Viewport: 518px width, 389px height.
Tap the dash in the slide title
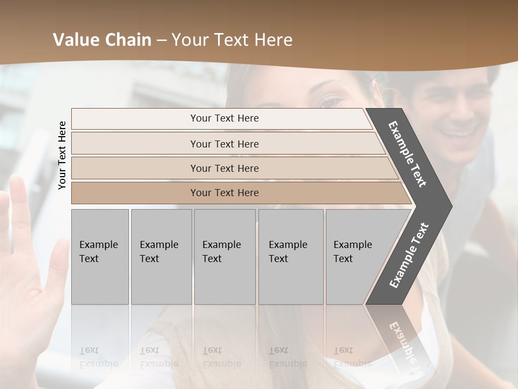pos(161,41)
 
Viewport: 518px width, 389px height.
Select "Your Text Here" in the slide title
pos(232,40)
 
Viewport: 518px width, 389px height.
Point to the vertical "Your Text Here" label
pos(62,155)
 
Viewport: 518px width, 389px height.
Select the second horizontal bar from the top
pos(224,144)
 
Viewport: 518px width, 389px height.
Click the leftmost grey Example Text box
pos(100,257)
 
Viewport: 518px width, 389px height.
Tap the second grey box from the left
pos(161,257)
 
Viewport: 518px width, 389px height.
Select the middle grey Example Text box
pos(224,257)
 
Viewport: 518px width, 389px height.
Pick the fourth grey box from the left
pos(291,257)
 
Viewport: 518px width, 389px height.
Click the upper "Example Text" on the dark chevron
pos(407,154)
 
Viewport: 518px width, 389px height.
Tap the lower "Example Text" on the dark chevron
pos(408,255)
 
